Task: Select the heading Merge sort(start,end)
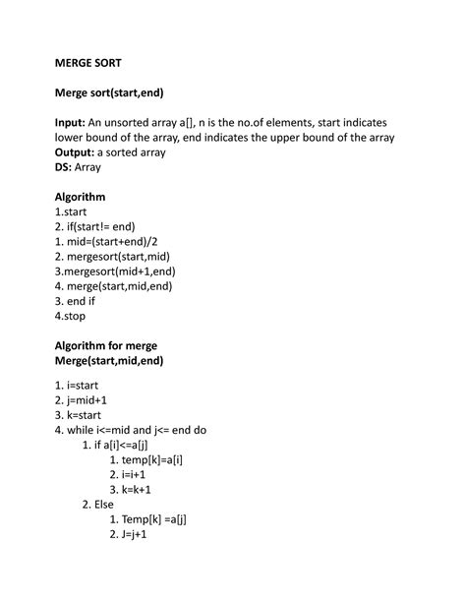[108, 93]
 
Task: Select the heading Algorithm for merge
[106, 345]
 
